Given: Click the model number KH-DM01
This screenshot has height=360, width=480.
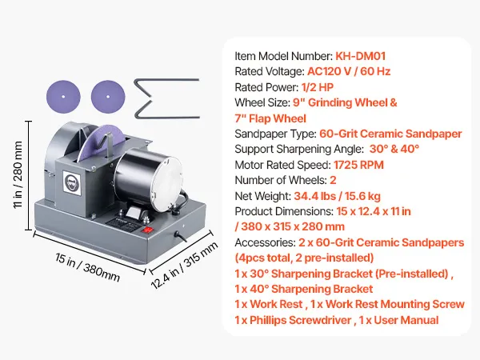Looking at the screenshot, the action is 360,56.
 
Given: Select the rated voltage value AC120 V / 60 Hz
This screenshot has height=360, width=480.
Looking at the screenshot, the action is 349,71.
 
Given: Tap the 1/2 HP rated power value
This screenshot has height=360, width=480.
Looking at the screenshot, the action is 317,87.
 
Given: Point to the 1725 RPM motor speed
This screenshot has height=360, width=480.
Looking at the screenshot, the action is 358,165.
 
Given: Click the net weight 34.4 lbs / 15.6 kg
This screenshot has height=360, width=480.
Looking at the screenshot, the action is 337,196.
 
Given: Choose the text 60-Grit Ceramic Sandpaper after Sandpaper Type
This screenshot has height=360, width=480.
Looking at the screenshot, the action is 390,134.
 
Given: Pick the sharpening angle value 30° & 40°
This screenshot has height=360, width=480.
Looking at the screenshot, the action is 394,149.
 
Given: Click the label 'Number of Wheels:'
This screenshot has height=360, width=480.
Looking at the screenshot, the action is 281,180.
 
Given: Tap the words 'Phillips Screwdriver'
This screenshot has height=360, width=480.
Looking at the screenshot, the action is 300,320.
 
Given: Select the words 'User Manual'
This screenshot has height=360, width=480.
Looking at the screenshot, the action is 406,320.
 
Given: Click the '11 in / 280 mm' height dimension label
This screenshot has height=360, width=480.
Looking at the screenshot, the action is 18,174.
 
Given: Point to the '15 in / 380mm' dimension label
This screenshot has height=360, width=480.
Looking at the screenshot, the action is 87,267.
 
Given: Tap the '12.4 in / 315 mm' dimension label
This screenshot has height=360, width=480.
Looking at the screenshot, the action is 184,265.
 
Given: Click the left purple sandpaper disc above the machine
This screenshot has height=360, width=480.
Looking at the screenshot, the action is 63,97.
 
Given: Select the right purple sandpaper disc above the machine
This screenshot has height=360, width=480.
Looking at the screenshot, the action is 108,97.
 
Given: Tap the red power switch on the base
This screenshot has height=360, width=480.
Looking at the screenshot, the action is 147,230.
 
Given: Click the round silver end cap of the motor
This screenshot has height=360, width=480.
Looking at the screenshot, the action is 164,183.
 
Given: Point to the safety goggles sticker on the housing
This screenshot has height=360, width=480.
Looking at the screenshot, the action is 72,183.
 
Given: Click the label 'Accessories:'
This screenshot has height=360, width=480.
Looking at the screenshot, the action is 265,242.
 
